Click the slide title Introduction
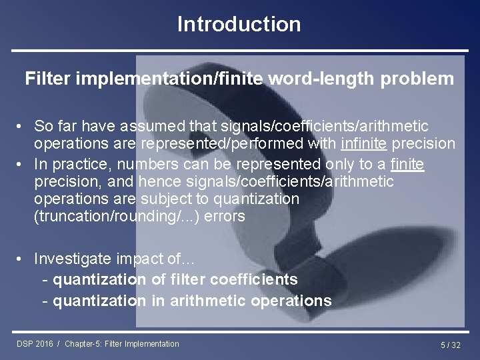239,25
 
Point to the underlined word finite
407,164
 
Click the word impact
145,259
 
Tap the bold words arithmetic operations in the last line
251,301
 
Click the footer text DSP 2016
35,344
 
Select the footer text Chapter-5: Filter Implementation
122,344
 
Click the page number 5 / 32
450,345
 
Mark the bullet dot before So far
22,126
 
